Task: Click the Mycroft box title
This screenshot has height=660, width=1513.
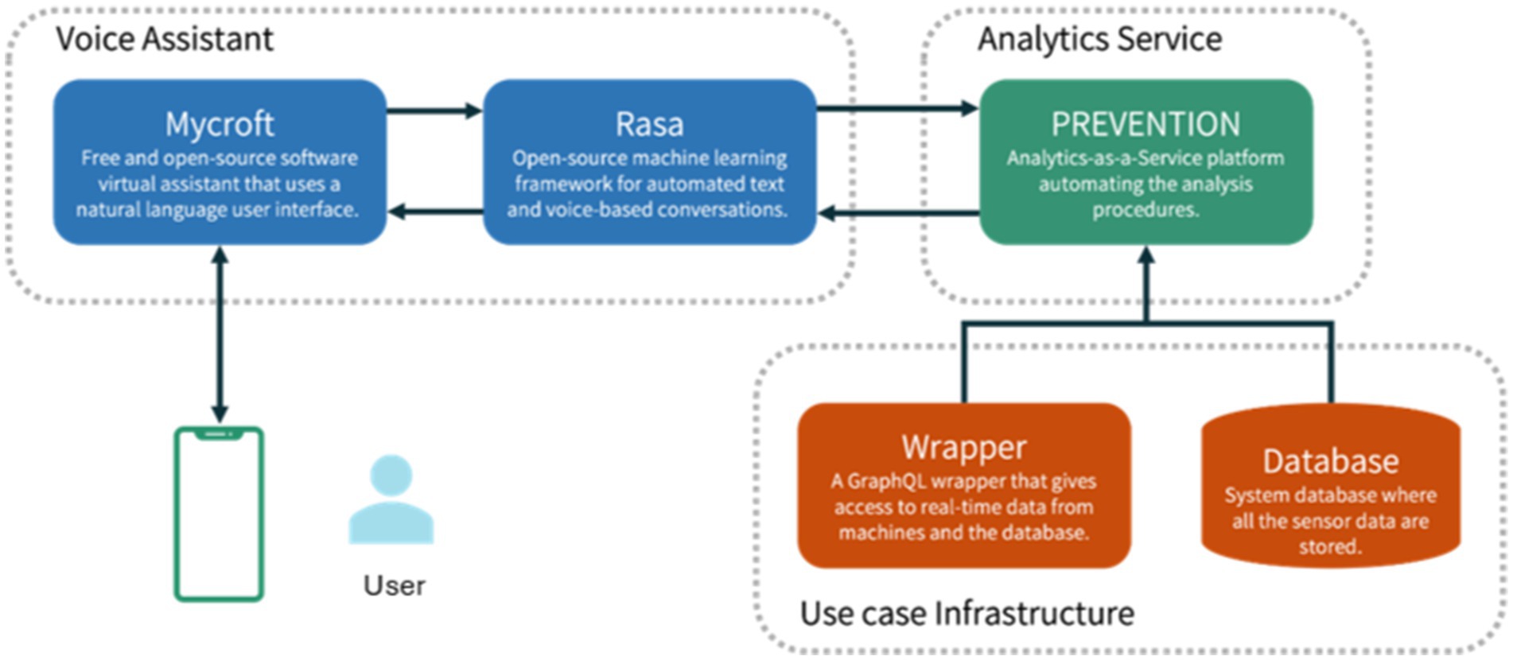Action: pyautogui.click(x=220, y=125)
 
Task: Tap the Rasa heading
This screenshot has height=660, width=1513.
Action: pyautogui.click(x=649, y=124)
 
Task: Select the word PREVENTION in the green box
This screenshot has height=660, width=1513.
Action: pyautogui.click(x=1145, y=124)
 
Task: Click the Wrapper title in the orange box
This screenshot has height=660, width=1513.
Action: pyautogui.click(x=964, y=448)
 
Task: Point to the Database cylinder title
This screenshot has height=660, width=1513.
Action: pyautogui.click(x=1331, y=461)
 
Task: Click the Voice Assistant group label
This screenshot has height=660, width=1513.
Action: pyautogui.click(x=165, y=39)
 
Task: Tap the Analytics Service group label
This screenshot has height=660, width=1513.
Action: pyautogui.click(x=1100, y=39)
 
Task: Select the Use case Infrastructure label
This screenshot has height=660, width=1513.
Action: pyautogui.click(x=967, y=613)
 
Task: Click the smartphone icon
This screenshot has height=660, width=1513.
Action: pyautogui.click(x=220, y=514)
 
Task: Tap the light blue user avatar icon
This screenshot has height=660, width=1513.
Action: pyautogui.click(x=391, y=499)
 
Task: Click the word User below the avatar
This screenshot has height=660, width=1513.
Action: pyautogui.click(x=395, y=586)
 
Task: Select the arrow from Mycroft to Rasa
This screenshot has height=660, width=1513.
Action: pyautogui.click(x=435, y=111)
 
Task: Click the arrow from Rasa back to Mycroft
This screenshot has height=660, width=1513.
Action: pyautogui.click(x=435, y=212)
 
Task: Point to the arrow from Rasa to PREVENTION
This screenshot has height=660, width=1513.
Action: pyautogui.click(x=898, y=108)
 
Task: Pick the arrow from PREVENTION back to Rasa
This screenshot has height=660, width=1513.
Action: pyautogui.click(x=898, y=213)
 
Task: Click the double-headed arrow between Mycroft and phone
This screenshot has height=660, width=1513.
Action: pyautogui.click(x=220, y=335)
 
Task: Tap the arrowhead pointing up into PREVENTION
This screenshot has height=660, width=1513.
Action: pyautogui.click(x=1146, y=255)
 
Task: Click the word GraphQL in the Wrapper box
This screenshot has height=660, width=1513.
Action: pyautogui.click(x=886, y=482)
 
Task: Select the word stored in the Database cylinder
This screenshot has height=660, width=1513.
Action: pyautogui.click(x=1330, y=547)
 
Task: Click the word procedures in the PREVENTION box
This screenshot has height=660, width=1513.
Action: pyautogui.click(x=1145, y=210)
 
